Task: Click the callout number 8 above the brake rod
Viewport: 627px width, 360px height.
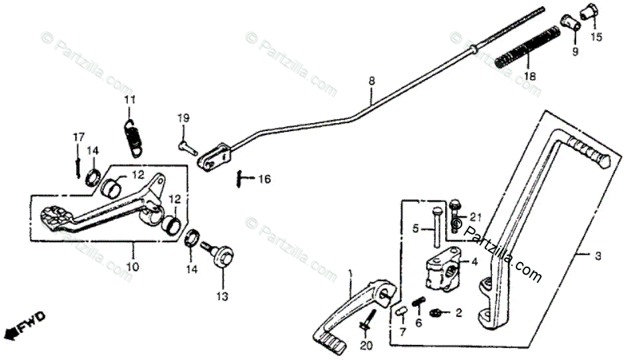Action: point(372,81)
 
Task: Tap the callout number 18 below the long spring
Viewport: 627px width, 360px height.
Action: point(528,77)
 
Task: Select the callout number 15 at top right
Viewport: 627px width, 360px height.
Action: point(597,38)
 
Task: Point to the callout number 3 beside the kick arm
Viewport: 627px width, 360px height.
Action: point(597,256)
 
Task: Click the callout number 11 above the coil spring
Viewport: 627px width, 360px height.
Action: point(130,100)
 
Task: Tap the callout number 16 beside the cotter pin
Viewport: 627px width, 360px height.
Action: point(265,179)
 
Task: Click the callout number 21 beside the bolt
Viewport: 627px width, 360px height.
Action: point(476,217)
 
